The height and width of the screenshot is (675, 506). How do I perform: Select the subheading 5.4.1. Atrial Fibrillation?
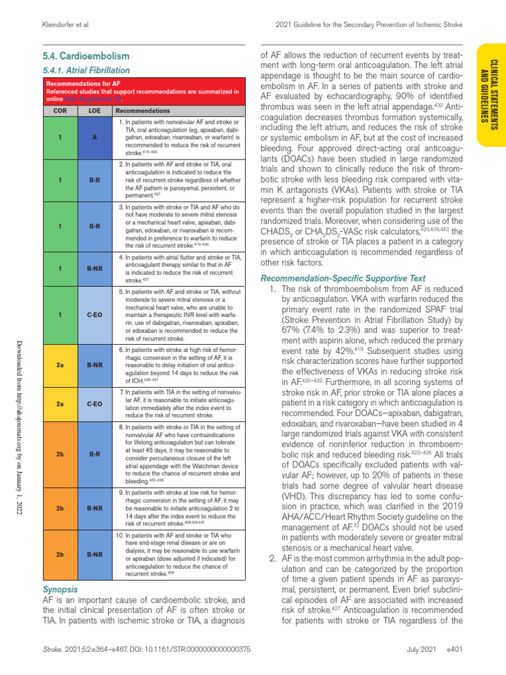pos(86,70)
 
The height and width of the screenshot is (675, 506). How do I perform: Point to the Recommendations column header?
pos(143,111)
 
